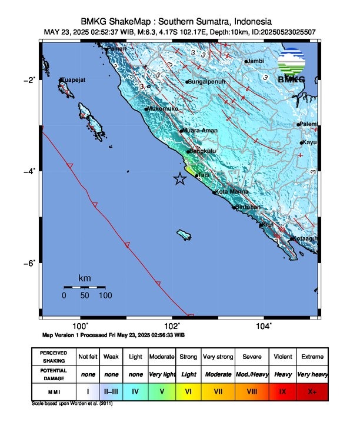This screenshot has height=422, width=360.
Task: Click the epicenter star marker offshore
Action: point(180,179)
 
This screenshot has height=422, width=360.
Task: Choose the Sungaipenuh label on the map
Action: point(206,82)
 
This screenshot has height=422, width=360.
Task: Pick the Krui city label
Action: point(267,224)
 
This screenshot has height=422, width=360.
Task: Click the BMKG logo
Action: point(291,67)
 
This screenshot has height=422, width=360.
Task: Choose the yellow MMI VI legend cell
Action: point(189,390)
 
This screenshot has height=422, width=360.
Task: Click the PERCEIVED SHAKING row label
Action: point(54,357)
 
